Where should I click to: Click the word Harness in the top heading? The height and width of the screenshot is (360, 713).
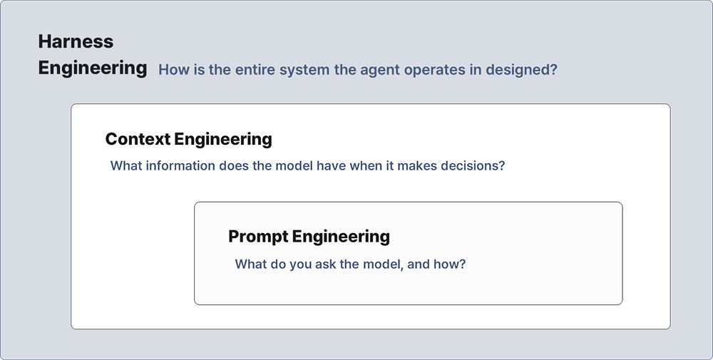click(x=76, y=41)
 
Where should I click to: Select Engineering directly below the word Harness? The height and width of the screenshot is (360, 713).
click(x=93, y=68)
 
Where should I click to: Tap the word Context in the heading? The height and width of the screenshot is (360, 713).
click(x=138, y=138)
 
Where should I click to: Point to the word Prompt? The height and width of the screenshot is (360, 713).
click(x=258, y=237)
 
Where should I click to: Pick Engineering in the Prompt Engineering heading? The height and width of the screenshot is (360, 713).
click(x=341, y=237)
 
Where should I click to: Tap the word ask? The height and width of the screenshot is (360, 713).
click(x=325, y=264)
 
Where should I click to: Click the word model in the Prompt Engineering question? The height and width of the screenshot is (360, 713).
click(x=382, y=264)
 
